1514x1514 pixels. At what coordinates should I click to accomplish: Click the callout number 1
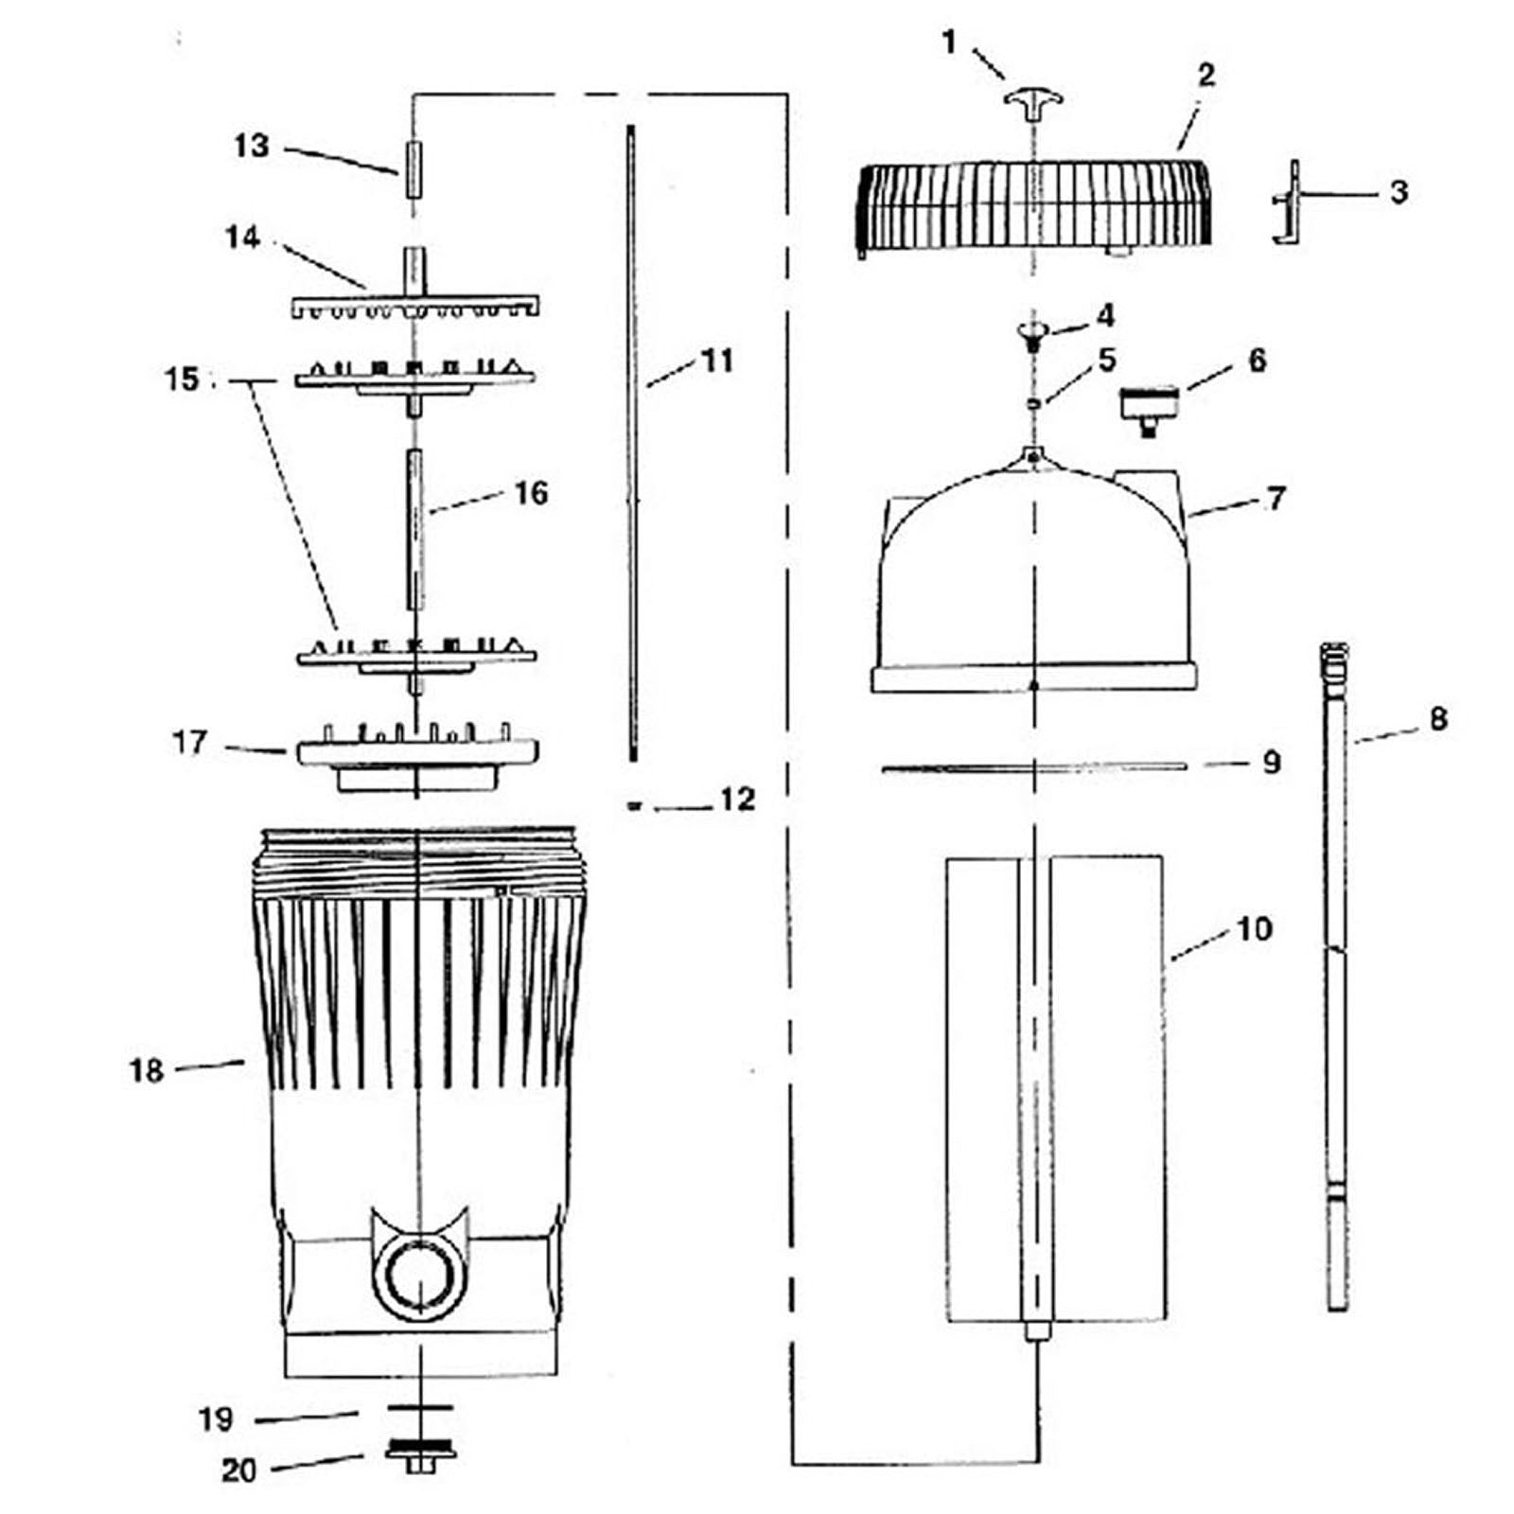(949, 42)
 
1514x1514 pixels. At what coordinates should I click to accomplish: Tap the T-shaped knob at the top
(1033, 100)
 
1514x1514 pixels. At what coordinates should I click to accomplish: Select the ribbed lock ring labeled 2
(1033, 203)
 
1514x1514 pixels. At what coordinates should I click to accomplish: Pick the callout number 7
(1276, 498)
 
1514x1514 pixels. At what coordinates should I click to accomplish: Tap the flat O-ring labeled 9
(1033, 767)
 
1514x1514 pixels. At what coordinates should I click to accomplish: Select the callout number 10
(1254, 929)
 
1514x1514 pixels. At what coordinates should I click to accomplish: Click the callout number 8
(1437, 719)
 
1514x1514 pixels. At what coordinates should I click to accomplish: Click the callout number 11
(717, 361)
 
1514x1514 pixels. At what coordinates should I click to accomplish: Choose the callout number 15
(182, 379)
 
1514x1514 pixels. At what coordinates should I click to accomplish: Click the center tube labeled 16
(414, 530)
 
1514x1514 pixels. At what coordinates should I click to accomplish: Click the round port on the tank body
(417, 1276)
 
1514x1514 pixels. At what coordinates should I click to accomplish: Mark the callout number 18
(147, 1070)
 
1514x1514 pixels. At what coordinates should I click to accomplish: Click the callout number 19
(216, 1419)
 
